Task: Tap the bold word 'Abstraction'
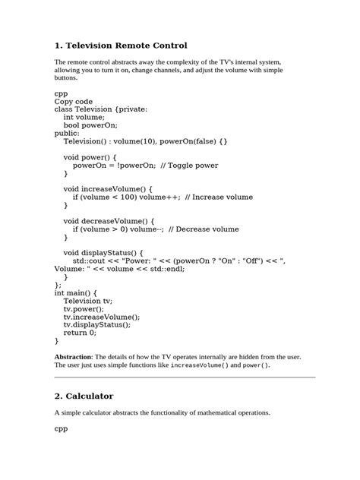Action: pos(73,356)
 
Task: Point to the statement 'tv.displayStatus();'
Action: pos(96,324)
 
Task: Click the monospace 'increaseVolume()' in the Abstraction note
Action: pos(200,365)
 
